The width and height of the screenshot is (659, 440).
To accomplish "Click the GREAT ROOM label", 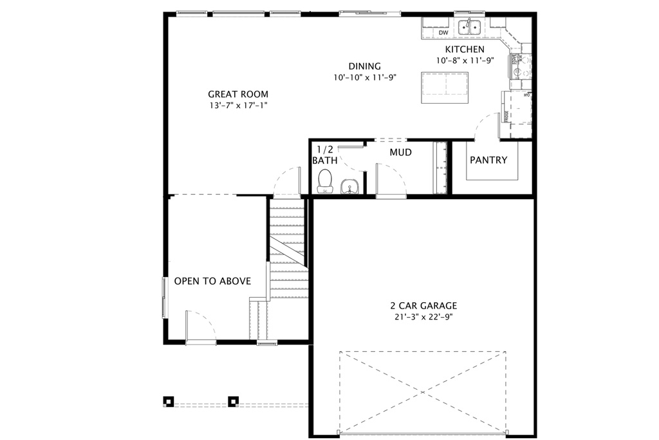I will point(237,94).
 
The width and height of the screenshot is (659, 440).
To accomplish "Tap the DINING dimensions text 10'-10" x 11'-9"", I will point(364,77).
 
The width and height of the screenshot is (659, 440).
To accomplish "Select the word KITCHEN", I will point(465,50).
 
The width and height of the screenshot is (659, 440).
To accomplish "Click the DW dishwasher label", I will point(443,33).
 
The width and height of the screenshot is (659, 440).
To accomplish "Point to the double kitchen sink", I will point(469,27).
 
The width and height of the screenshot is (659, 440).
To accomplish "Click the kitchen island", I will point(444,87).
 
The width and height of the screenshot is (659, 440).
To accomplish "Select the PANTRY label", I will point(488,160).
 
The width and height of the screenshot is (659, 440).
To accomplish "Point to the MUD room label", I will point(400,153).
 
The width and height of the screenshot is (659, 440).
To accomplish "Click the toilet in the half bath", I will point(325,181).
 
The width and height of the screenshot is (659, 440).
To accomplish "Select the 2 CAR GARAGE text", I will point(423,306).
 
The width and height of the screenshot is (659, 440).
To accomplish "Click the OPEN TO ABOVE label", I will point(212,282).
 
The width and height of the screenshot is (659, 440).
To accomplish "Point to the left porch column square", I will point(168,401).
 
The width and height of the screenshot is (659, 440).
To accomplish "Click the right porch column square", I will point(233,401).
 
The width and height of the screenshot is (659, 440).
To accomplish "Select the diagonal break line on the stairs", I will point(286,251).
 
